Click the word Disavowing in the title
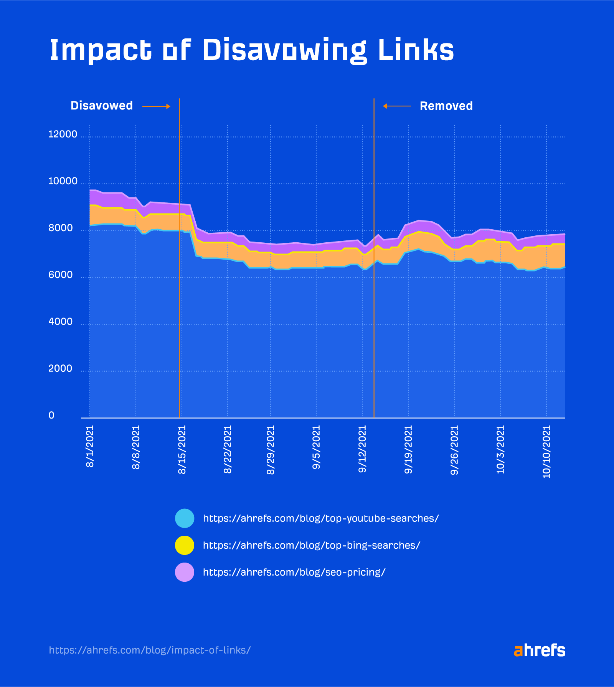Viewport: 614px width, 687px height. (x=284, y=50)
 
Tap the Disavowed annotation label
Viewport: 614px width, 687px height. (x=102, y=106)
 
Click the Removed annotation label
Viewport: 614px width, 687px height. (x=446, y=106)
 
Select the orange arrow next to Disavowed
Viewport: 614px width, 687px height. (x=156, y=106)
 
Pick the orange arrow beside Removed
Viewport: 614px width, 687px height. (x=397, y=106)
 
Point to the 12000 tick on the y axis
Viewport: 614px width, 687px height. (x=63, y=134)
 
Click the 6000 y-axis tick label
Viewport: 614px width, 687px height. (x=60, y=275)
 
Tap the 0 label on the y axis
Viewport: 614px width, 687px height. (x=51, y=415)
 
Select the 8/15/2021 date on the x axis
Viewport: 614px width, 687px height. (x=182, y=449)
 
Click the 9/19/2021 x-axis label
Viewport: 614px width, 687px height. (x=408, y=449)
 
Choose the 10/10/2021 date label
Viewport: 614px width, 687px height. (x=546, y=452)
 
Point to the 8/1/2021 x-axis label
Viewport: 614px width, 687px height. (x=90, y=446)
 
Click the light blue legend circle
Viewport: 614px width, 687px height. (x=185, y=518)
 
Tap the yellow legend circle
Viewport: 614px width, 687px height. (x=185, y=545)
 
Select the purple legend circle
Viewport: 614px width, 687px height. (x=185, y=572)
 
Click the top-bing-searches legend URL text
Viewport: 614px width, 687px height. (x=311, y=545)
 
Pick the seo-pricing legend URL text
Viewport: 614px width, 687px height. (x=294, y=572)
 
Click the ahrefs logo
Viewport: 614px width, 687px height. (x=539, y=650)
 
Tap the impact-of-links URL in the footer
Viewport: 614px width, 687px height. (x=150, y=650)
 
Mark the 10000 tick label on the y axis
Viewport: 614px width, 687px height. (x=63, y=181)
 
